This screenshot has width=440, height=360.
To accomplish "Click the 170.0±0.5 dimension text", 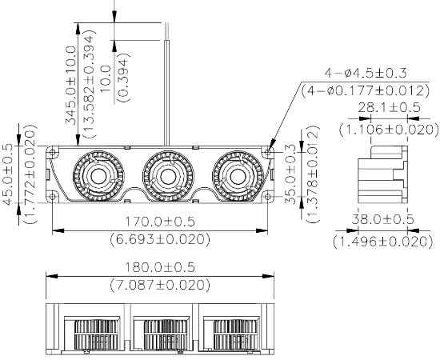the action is click(x=159, y=222).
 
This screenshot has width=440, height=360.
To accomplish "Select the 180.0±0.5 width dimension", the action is click(x=159, y=267).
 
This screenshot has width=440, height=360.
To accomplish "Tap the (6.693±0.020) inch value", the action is click(x=160, y=239).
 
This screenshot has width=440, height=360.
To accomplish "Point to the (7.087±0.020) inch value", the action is click(x=160, y=285).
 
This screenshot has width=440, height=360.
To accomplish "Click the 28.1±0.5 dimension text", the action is click(x=390, y=107).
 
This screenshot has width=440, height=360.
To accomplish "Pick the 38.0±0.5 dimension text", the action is click(x=382, y=219).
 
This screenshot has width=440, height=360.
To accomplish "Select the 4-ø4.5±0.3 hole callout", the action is click(x=366, y=74).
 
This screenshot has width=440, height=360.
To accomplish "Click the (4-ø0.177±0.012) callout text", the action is click(x=366, y=90).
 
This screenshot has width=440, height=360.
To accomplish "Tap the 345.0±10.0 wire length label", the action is click(x=70, y=86).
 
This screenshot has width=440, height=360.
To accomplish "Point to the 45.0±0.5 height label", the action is click(x=8, y=174).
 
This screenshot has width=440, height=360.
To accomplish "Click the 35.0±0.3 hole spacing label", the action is click(x=290, y=174).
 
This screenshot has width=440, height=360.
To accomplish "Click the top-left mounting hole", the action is click(x=53, y=152).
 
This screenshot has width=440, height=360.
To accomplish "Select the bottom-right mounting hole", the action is click(x=268, y=197).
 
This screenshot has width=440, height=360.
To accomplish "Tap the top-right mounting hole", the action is click(x=268, y=152).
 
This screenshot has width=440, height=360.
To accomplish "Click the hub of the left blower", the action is click(x=98, y=176).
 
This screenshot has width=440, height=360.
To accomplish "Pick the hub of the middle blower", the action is click(x=168, y=176).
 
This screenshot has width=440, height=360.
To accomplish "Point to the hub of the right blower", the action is click(x=238, y=176).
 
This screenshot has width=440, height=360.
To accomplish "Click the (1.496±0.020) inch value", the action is click(x=383, y=242).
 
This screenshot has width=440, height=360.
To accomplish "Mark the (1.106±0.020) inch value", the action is click(x=389, y=130).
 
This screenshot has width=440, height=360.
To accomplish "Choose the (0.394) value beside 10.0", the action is click(x=124, y=77).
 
